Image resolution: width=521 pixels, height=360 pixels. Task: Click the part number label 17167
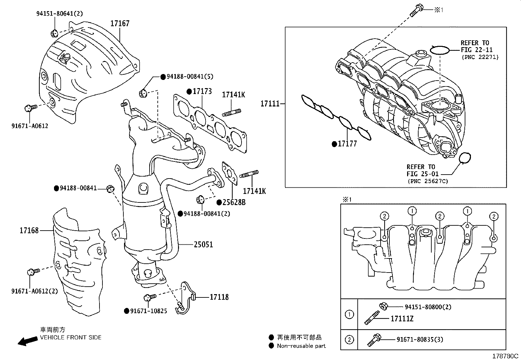(x=120, y=24)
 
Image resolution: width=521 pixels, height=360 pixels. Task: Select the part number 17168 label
(x=29, y=231)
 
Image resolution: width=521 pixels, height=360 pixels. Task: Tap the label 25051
(x=203, y=244)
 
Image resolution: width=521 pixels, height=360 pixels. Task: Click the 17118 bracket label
(x=219, y=297)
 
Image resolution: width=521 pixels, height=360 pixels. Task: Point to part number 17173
(x=202, y=91)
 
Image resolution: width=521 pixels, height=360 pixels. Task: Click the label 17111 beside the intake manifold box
(x=270, y=104)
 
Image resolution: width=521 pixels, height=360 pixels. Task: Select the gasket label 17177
(x=347, y=144)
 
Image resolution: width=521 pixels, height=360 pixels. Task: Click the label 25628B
(x=234, y=202)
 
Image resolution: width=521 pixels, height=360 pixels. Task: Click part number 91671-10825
(x=148, y=311)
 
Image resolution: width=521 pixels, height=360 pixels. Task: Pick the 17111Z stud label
(x=402, y=318)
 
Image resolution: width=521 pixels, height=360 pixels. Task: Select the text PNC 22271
(x=480, y=57)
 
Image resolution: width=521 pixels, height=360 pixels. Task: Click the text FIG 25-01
(x=422, y=174)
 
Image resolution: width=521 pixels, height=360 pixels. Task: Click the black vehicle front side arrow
(x=27, y=341)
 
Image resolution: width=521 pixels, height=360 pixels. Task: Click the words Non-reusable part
(x=301, y=346)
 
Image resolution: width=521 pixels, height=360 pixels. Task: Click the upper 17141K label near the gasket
(x=233, y=95)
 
